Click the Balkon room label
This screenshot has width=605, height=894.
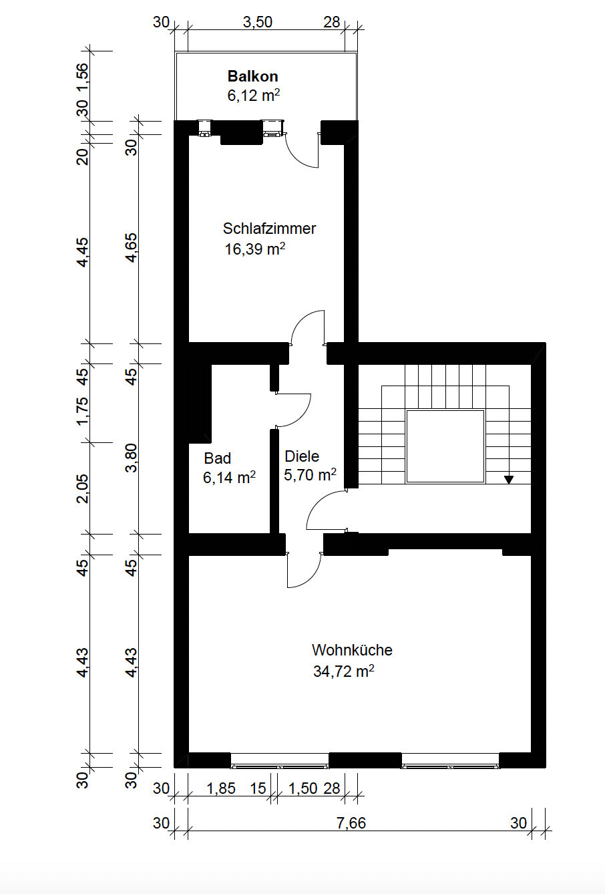(x=252, y=76)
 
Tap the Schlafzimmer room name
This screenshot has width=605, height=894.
(x=269, y=229)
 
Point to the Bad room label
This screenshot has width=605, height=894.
(x=217, y=458)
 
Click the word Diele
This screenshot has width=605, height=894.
(x=302, y=456)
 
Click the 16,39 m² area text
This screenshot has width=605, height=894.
(x=255, y=249)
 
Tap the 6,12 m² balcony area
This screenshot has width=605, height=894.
(x=253, y=96)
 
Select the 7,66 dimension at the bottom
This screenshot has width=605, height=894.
(x=351, y=823)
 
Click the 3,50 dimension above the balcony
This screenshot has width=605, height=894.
(x=258, y=22)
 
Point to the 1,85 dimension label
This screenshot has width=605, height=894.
(x=221, y=788)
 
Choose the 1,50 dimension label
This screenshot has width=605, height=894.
(x=302, y=788)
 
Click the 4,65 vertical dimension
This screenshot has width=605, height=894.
(x=131, y=247)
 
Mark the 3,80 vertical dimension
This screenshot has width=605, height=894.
(x=131, y=458)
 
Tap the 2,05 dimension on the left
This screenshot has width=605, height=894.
(x=83, y=488)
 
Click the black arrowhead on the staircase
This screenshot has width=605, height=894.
(x=508, y=480)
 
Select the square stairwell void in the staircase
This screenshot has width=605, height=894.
(x=445, y=446)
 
